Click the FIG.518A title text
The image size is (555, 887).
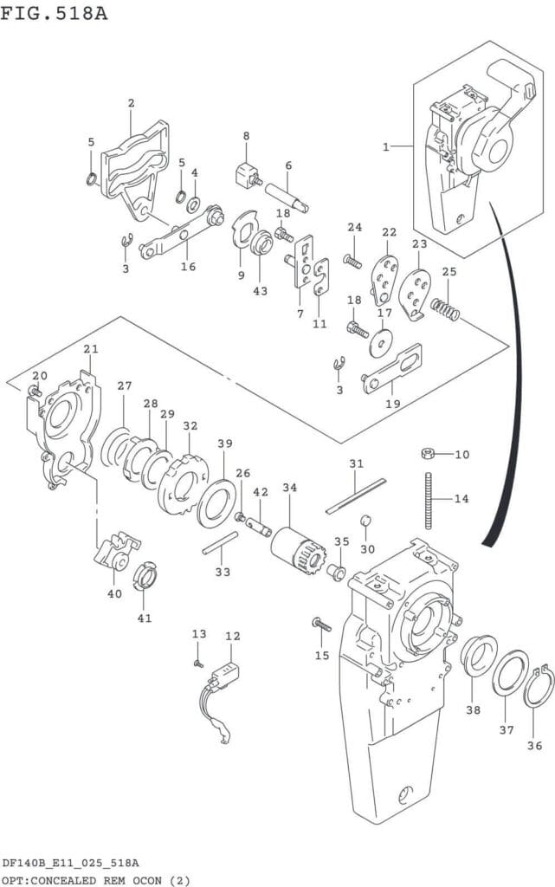click(x=54, y=12)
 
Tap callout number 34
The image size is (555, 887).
click(x=290, y=487)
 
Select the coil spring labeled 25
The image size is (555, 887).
click(x=445, y=309)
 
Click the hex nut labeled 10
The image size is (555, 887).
click(x=428, y=453)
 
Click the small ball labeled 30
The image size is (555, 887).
click(x=365, y=521)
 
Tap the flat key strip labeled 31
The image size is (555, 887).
click(x=356, y=496)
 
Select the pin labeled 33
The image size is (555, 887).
click(x=221, y=542)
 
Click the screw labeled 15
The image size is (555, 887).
click(x=321, y=625)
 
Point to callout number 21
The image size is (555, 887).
click(x=91, y=349)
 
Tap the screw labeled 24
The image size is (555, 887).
click(x=352, y=262)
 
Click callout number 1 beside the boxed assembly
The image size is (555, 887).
click(x=386, y=147)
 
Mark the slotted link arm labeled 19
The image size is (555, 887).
click(x=392, y=368)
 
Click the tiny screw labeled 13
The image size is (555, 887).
click(x=198, y=663)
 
